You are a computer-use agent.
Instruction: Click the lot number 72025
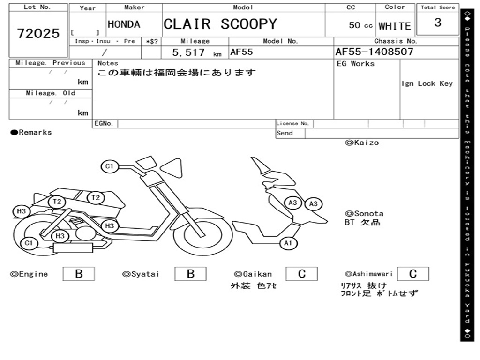38,33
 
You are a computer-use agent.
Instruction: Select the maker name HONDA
124,24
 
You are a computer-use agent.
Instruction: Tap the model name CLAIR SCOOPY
220,24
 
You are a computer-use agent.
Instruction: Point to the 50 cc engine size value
360,25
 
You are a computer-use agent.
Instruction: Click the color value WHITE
395,26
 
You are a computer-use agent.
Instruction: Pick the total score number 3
438,22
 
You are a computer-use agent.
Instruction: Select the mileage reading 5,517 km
197,52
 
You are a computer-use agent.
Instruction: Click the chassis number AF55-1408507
375,52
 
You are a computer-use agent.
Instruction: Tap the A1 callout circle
288,243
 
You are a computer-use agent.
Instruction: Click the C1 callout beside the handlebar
110,166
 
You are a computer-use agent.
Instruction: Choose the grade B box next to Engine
79,274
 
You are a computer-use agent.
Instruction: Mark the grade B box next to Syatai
190,274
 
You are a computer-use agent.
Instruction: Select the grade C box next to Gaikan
302,274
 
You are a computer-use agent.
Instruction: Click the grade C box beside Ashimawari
413,274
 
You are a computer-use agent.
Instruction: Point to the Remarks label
31,132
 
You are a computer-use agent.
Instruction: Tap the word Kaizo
367,142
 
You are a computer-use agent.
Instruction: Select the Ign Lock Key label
427,83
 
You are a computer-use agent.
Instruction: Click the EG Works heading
355,64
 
